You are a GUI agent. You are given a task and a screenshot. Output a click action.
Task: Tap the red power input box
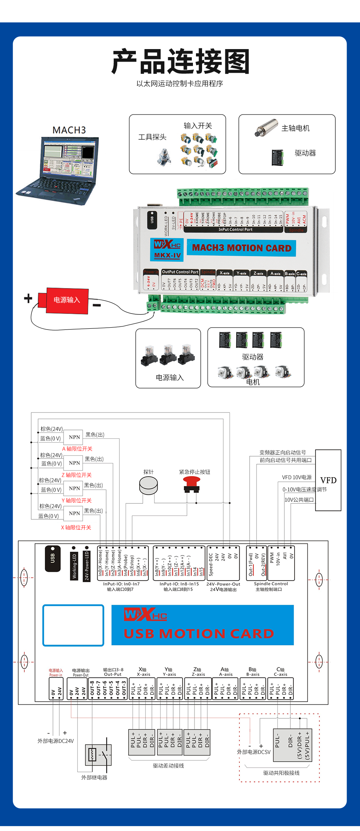(x=67, y=300)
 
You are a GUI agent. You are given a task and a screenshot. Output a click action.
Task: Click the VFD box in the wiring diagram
(x=328, y=480)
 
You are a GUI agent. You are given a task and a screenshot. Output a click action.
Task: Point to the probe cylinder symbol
(x=148, y=486)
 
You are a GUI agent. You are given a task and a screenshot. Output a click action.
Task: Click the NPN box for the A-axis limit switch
(x=74, y=437)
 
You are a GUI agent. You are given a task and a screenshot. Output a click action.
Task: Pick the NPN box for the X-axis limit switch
(x=74, y=513)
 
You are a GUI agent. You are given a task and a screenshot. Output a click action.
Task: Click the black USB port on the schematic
(x=53, y=558)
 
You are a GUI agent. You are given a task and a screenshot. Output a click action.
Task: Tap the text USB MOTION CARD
(x=199, y=634)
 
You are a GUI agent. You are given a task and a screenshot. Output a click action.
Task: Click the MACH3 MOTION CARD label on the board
(x=242, y=248)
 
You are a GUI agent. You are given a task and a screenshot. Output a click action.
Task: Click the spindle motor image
(x=267, y=128)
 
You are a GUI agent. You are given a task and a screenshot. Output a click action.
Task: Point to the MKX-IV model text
(x=167, y=255)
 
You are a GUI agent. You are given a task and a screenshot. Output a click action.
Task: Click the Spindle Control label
(x=271, y=584)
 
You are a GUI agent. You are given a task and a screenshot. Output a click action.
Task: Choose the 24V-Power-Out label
(x=223, y=584)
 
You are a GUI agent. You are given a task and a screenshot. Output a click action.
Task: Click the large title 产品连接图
(x=180, y=62)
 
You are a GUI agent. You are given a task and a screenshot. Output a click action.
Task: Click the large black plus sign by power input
(x=28, y=298)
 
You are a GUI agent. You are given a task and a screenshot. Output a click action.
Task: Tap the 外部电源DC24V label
(x=56, y=741)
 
